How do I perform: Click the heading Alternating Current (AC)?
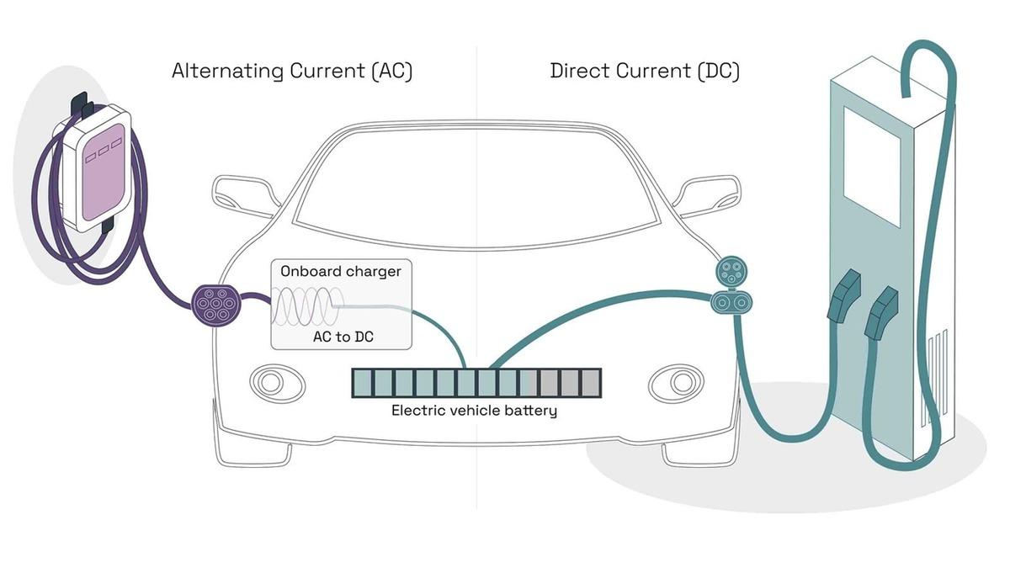pyautogui.click(x=292, y=71)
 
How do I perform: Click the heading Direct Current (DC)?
pyautogui.click(x=645, y=71)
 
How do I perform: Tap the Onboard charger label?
pyautogui.click(x=341, y=272)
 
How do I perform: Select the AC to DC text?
pyautogui.click(x=341, y=337)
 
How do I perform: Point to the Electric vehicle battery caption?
pyautogui.click(x=474, y=411)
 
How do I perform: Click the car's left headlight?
pyautogui.click(x=270, y=382)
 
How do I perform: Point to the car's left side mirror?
pyautogui.click(x=242, y=194)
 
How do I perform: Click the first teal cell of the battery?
pyautogui.click(x=362, y=383)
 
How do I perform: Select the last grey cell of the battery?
pyautogui.click(x=591, y=383)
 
